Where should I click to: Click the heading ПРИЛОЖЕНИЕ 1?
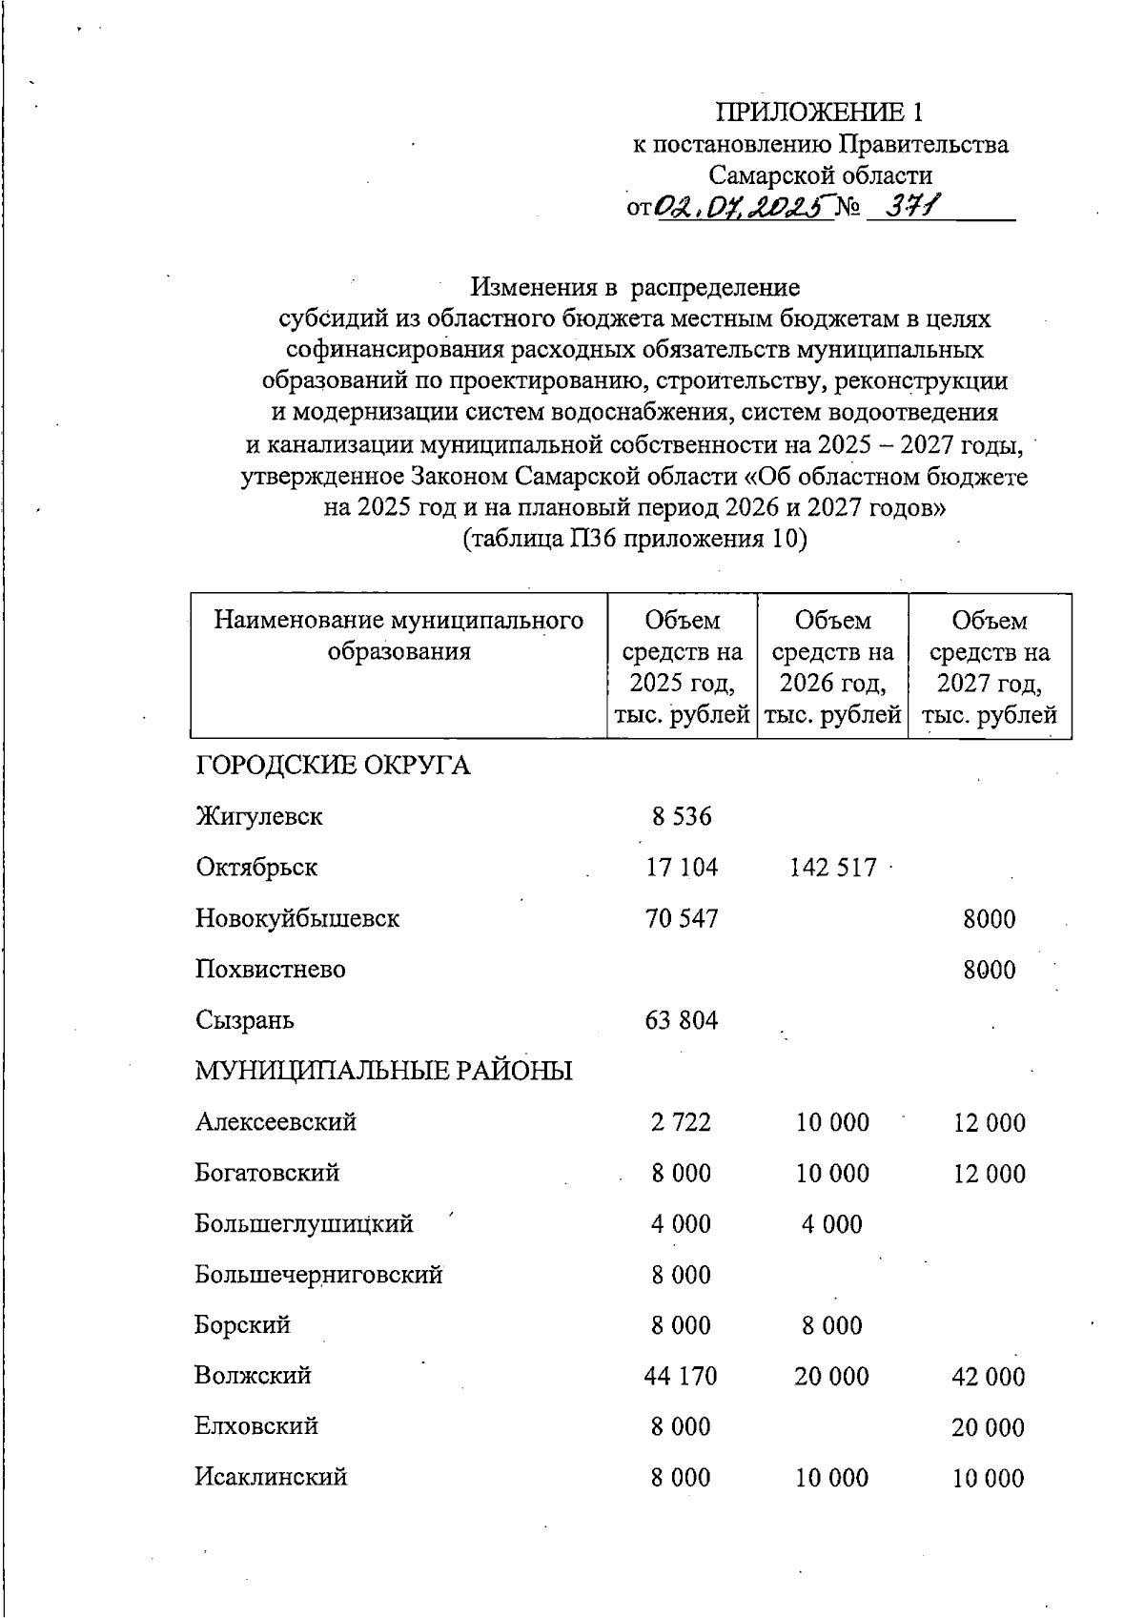click(x=820, y=113)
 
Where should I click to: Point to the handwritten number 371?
click(x=910, y=205)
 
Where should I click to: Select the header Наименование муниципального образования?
click(x=398, y=636)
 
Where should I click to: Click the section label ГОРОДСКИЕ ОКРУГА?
click(x=333, y=766)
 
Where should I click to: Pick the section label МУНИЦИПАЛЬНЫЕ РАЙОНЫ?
click(x=383, y=1071)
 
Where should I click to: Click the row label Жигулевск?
click(x=258, y=817)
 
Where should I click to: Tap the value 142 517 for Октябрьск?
click(x=832, y=869)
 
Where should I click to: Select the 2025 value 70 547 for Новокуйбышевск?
click(x=681, y=919)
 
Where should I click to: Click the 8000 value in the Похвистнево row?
click(x=989, y=971)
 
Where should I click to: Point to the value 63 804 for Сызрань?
click(x=681, y=1021)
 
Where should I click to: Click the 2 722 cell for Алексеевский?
click(x=681, y=1122)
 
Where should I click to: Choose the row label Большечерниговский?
click(x=318, y=1275)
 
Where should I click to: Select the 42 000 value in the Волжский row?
click(x=989, y=1377)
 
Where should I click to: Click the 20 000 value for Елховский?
click(x=989, y=1427)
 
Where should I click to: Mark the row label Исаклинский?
click(x=271, y=1478)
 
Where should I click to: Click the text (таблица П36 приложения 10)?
click(x=635, y=540)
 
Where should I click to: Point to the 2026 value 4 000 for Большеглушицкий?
click(x=831, y=1224)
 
